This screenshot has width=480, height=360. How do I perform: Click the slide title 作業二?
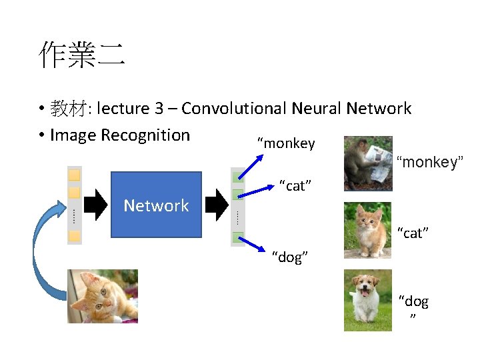pos(81,55)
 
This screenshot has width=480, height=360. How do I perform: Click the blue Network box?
pos(156,205)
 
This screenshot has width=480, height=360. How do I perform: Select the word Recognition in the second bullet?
pos(145,135)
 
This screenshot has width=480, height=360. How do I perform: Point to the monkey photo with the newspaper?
pos(368,164)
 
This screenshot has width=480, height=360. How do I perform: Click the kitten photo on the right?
pos(368,230)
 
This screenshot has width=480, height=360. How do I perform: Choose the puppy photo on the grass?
pos(368,300)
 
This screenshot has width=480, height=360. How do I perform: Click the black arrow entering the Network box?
pos(96,204)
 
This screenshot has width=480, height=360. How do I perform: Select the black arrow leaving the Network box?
pos(217,204)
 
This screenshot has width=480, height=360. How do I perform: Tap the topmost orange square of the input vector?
pos(75,175)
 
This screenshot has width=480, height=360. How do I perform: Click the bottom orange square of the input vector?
pos(75,235)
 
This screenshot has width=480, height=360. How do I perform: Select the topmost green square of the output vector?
pos(237,177)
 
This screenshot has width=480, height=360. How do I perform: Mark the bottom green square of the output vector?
pos(237,237)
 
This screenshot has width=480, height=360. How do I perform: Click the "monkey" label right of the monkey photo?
pos(429,162)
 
